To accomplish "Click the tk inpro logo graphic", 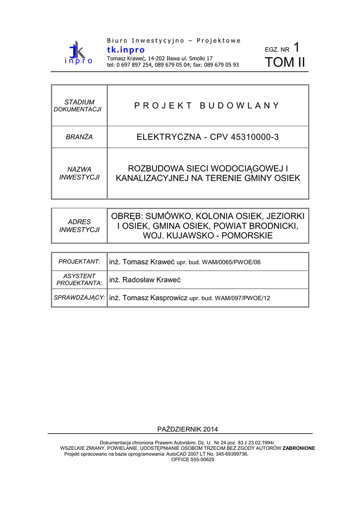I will [x=78, y=53].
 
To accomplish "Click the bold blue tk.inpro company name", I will [x=126, y=50].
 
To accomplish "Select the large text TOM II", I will [x=285, y=63].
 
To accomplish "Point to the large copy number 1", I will [x=297, y=47].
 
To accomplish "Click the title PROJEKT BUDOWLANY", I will [x=207, y=105].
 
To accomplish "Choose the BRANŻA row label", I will [x=79, y=137].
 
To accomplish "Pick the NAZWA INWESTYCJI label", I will [x=79, y=173].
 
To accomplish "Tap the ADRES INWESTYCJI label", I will [x=79, y=226].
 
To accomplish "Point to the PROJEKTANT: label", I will [x=79, y=261].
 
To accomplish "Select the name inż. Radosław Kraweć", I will [x=145, y=280].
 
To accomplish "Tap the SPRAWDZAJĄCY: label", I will [x=79, y=298].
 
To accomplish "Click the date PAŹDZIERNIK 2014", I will [x=187, y=429].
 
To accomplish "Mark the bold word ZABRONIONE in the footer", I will [x=299, y=448].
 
